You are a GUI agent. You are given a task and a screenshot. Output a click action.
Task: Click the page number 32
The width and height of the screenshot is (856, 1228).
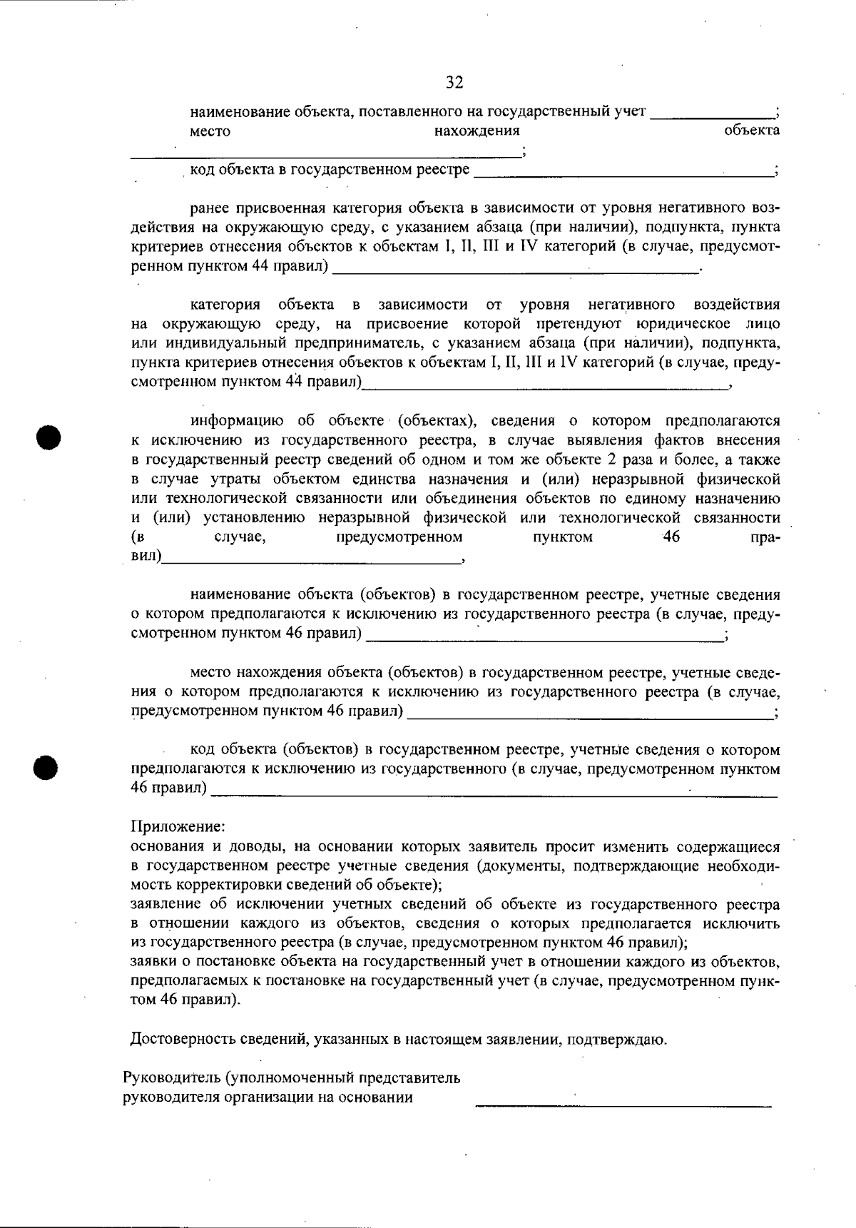tap(454, 83)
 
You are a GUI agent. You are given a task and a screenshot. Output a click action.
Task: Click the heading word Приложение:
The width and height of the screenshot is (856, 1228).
tap(178, 827)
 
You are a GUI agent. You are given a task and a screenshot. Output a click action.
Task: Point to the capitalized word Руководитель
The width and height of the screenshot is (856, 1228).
tap(169, 1077)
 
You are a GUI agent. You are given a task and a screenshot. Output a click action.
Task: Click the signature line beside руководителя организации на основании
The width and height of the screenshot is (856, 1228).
tap(623, 1105)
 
